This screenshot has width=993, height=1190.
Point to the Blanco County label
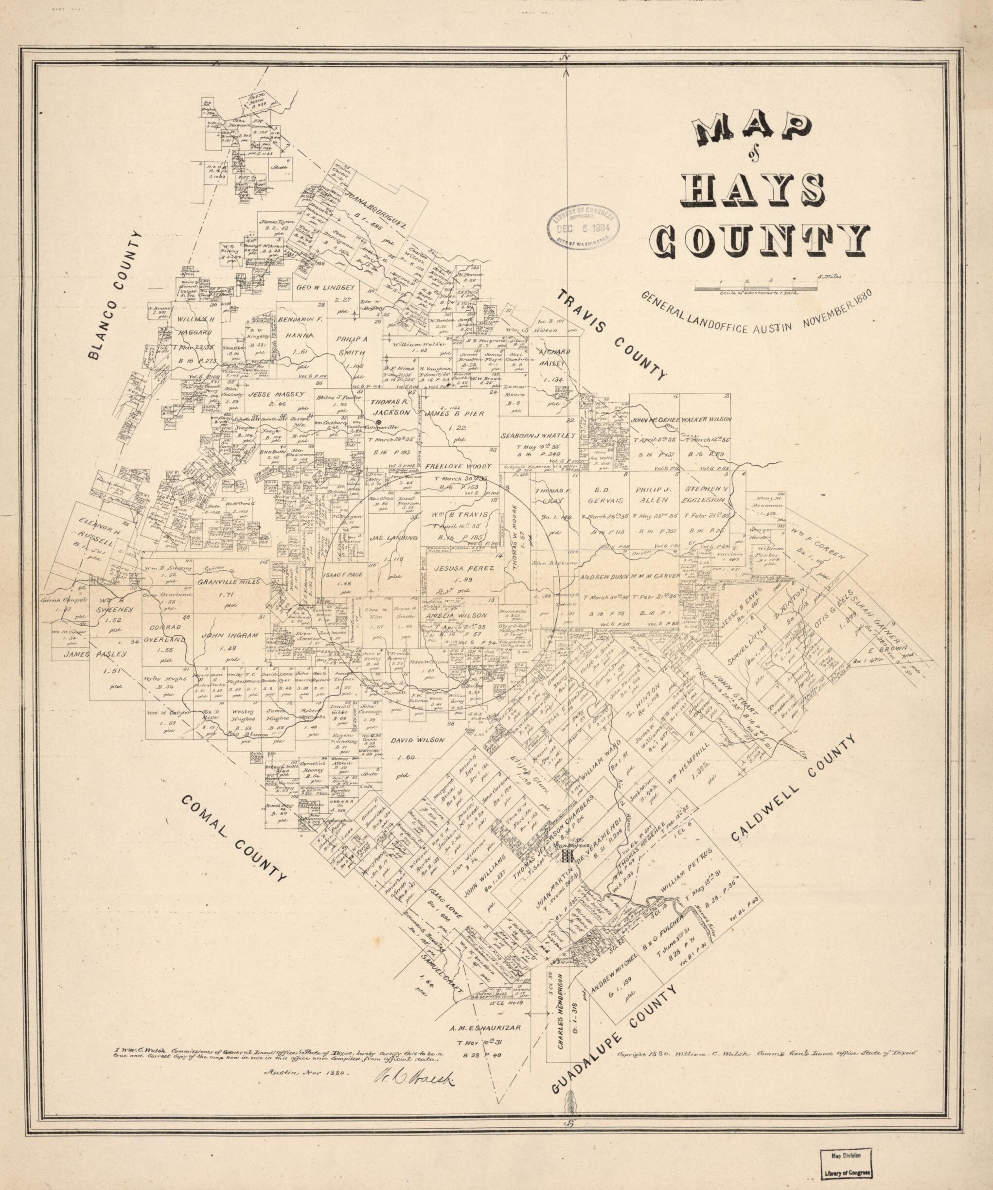point(115,296)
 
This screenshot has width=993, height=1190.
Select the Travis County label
point(612,334)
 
